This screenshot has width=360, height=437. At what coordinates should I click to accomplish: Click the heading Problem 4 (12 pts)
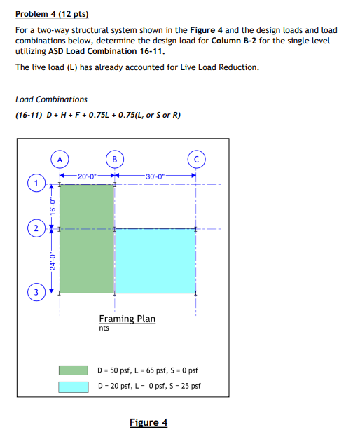(52, 14)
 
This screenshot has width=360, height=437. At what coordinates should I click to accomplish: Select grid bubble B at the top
(115, 157)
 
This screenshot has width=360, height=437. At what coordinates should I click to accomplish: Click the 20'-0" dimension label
(87, 175)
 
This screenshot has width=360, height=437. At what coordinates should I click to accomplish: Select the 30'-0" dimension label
(155, 175)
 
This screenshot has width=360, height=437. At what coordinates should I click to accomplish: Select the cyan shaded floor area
(155, 260)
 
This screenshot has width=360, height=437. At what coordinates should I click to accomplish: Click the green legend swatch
(74, 370)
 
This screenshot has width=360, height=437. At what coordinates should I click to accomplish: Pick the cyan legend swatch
(74, 386)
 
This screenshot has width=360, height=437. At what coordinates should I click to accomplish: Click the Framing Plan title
(127, 319)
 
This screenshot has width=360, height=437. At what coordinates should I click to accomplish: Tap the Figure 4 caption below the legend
(148, 422)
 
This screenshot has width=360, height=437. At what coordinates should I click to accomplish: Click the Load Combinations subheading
(51, 99)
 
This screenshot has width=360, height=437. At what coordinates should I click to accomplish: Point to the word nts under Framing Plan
(104, 328)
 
